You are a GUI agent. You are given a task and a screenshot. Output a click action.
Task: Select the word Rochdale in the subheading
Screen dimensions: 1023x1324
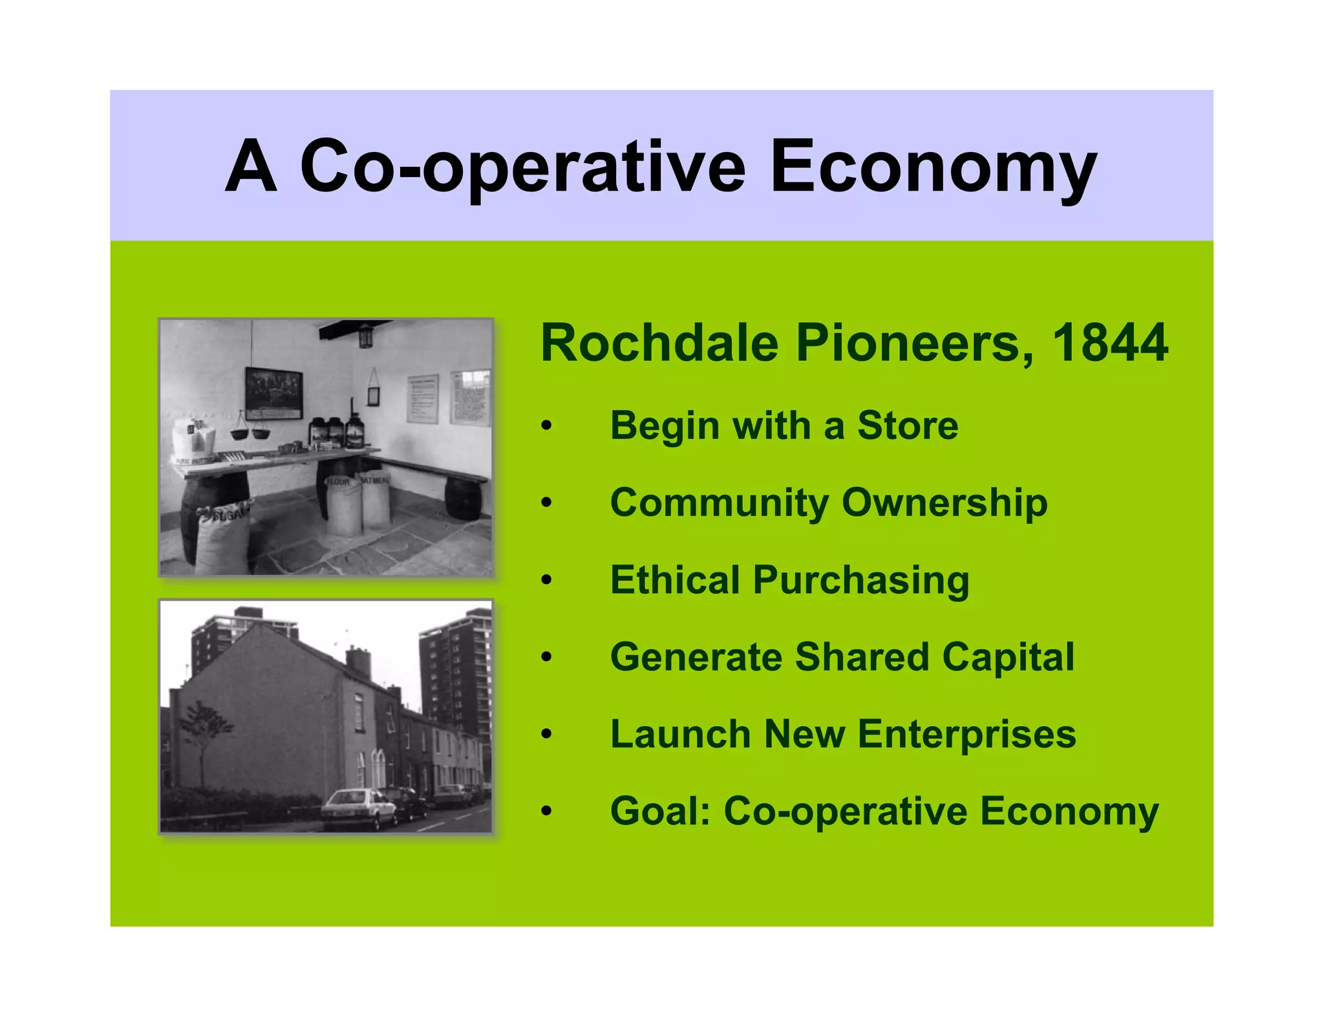(x=659, y=343)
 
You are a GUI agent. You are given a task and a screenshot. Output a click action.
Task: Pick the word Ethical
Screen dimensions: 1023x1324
(x=675, y=579)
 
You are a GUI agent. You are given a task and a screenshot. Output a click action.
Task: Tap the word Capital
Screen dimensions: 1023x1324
(x=1008, y=657)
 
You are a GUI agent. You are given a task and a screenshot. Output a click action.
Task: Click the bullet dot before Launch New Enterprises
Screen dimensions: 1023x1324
(x=547, y=734)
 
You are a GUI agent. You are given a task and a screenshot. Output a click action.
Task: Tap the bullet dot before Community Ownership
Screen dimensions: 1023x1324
(x=547, y=502)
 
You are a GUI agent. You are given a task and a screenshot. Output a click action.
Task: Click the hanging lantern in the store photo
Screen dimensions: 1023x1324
(x=366, y=336)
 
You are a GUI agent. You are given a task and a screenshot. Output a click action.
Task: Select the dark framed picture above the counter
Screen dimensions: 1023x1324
(x=273, y=392)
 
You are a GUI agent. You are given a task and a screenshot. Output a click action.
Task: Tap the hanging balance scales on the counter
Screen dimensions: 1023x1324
(x=251, y=429)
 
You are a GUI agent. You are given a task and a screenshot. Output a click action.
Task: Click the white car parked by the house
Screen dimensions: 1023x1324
(x=359, y=808)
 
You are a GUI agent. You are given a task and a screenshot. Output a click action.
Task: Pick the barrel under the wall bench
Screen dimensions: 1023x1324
(x=463, y=498)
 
